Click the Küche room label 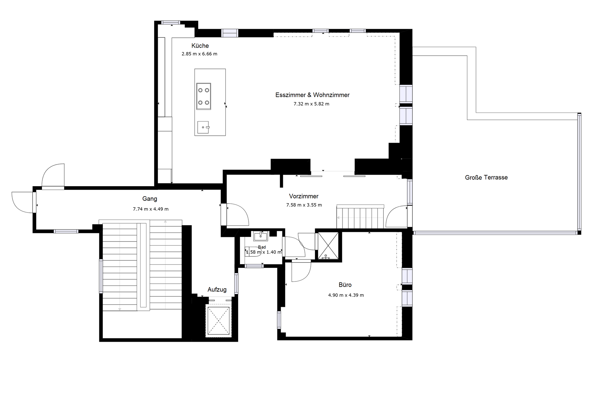pos(200,46)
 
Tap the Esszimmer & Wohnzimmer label pos(312,95)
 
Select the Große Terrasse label pos(486,178)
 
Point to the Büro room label pos(345,285)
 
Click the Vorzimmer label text pos(304,196)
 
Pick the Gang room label pos(149,199)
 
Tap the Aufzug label pos(217,290)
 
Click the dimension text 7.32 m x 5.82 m pos(311,104)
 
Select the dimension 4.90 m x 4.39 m pos(346,295)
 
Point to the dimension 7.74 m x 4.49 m pos(151,209)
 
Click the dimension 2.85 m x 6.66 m pos(199,54)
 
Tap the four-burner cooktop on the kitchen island pos(204,96)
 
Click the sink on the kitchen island pos(203,127)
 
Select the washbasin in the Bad pos(260,236)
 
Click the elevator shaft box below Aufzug pos(219,321)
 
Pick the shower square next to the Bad pos(328,246)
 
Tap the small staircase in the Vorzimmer pos(360,216)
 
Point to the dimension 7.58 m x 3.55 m pos(304,205)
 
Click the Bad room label pos(262,247)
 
